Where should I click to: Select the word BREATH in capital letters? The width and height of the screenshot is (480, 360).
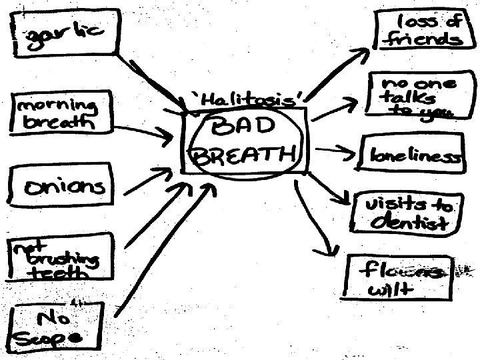click(x=243, y=155)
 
